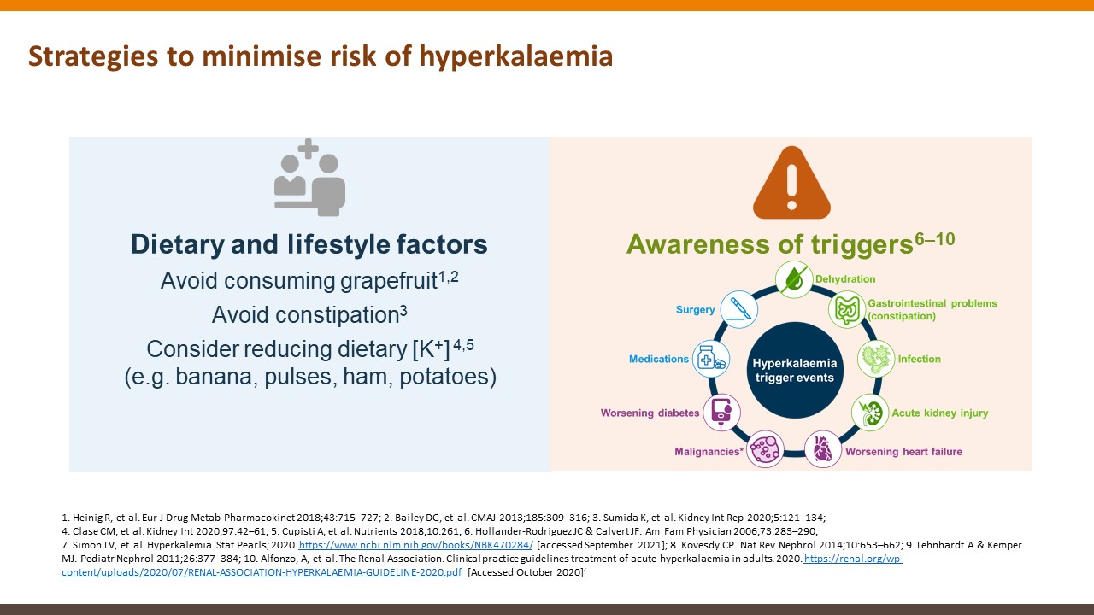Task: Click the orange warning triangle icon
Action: pos(791,183)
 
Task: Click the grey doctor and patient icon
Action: pos(309,178)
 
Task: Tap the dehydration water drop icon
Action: pos(794,279)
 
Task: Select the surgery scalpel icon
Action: pos(739,309)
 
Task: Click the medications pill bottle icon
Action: pos(711,359)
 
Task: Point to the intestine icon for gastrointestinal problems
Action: pos(847,309)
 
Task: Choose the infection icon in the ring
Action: pos(876,359)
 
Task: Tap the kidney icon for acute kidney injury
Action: pos(870,413)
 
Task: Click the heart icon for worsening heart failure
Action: pos(823,449)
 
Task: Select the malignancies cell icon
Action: pos(765,449)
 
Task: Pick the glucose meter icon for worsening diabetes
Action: pos(721,413)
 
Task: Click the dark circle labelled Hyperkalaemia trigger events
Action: pos(795,371)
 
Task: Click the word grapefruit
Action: pos(388,282)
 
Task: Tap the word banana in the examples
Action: pos(214,377)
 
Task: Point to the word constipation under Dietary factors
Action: pos(306,315)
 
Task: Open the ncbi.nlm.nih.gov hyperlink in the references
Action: pos(416,545)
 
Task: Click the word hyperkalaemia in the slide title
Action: pos(515,56)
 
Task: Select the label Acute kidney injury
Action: pos(940,413)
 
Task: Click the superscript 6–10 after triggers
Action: pos(935,239)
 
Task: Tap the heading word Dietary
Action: pos(177,244)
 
